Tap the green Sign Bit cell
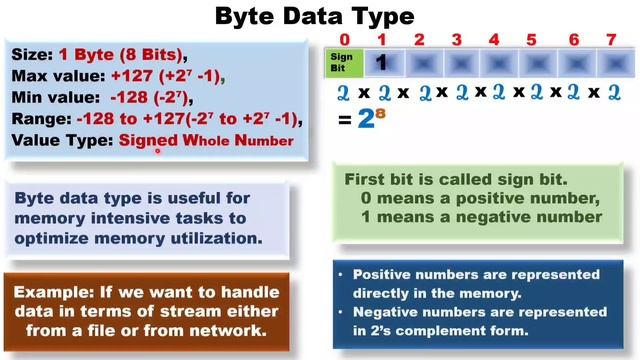click(x=343, y=63)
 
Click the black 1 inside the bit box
click(x=381, y=63)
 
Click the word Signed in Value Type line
click(x=150, y=141)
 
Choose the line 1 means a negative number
click(x=481, y=217)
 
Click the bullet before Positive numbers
click(x=342, y=275)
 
